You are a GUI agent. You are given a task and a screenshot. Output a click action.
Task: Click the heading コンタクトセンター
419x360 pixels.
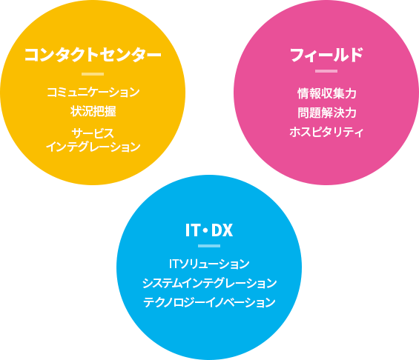pyautogui.click(x=93, y=55)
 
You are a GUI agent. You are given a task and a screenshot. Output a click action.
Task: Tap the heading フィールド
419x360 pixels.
pyautogui.click(x=326, y=55)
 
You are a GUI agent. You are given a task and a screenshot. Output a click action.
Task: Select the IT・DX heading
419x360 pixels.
pyautogui.click(x=209, y=230)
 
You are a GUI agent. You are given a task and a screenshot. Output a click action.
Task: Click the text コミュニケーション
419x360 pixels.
pyautogui.click(x=93, y=93)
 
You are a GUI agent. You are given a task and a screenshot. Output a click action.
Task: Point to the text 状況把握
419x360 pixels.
pyautogui.click(x=93, y=111)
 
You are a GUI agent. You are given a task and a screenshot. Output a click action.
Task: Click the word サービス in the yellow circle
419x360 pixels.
pyautogui.click(x=93, y=133)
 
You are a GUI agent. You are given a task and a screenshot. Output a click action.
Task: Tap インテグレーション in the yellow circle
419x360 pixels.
pyautogui.click(x=93, y=147)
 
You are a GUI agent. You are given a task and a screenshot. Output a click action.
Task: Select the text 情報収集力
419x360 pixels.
pyautogui.click(x=326, y=93)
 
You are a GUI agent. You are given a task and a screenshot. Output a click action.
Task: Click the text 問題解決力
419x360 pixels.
pyautogui.click(x=326, y=113)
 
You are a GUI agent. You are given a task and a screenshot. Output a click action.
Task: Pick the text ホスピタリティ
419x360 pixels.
pyautogui.click(x=326, y=132)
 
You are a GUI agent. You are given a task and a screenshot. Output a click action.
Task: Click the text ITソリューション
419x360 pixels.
pyautogui.click(x=209, y=264)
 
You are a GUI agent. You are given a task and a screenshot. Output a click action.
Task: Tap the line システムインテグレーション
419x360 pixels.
pyautogui.click(x=209, y=283)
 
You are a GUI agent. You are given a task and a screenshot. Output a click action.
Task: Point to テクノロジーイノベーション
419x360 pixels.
pyautogui.click(x=209, y=302)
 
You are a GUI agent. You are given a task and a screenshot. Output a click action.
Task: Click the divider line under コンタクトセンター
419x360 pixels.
pyautogui.click(x=93, y=74)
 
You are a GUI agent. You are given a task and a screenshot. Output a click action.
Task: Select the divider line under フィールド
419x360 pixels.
pyautogui.click(x=326, y=71)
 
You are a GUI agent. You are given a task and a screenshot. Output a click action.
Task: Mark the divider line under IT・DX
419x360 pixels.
pyautogui.click(x=209, y=246)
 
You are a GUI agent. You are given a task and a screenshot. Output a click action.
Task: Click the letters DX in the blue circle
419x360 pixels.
pyautogui.click(x=222, y=230)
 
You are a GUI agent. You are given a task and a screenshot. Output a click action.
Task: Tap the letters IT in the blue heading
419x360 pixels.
pyautogui.click(x=192, y=230)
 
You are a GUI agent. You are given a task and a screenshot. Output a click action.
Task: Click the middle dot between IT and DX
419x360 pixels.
pyautogui.click(x=205, y=230)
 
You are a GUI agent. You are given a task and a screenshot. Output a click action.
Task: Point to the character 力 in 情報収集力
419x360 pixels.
pyautogui.click(x=350, y=93)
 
